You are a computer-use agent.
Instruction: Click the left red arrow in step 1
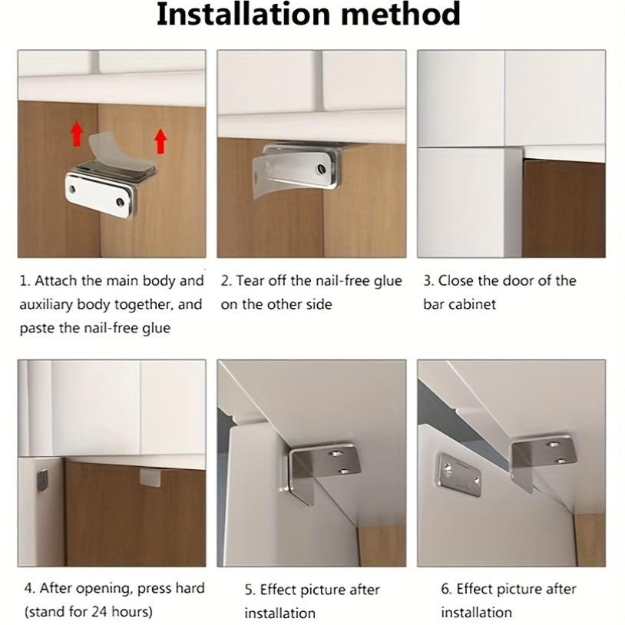[x=77, y=134]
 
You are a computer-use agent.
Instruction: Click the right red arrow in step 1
[x=160, y=141]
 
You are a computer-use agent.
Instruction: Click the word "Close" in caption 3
[x=455, y=281]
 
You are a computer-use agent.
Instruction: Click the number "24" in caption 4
[x=101, y=613]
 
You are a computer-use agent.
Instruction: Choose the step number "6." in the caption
[x=446, y=590]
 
